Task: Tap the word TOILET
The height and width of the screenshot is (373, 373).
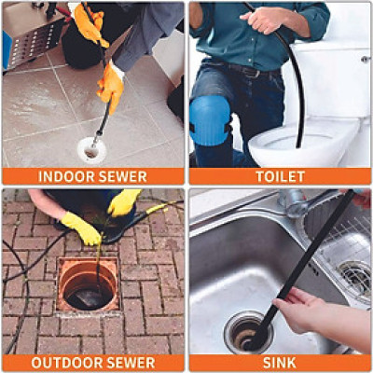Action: click(x=280, y=176)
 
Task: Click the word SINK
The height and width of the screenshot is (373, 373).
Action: click(x=280, y=363)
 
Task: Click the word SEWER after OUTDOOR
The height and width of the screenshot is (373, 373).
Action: click(x=130, y=363)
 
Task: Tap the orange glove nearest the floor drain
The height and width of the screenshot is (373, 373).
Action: click(x=110, y=86)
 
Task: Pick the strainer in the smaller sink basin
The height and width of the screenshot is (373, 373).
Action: click(x=355, y=275)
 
